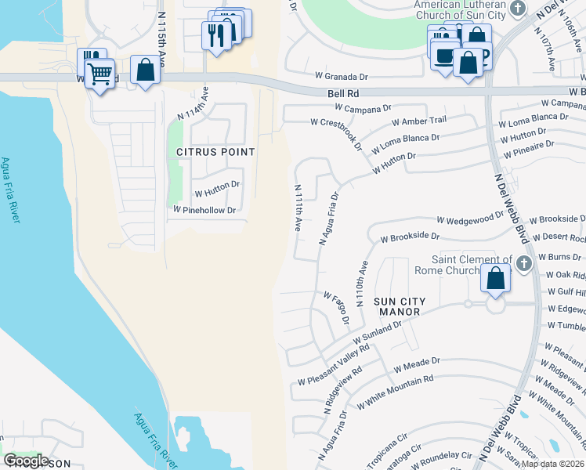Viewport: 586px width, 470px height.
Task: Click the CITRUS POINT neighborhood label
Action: tap(215, 151)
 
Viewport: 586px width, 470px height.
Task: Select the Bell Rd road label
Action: tap(343, 93)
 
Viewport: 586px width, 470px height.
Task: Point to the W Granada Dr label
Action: tap(341, 77)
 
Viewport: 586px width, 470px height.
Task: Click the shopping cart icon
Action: tap(100, 75)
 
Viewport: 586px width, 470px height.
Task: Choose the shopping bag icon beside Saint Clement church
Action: tap(496, 279)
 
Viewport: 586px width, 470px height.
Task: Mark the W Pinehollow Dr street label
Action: tap(204, 210)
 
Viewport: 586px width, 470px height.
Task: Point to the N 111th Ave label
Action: tap(298, 208)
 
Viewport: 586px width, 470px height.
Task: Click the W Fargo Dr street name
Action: tap(336, 308)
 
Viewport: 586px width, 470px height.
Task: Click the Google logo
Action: tap(26, 461)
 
